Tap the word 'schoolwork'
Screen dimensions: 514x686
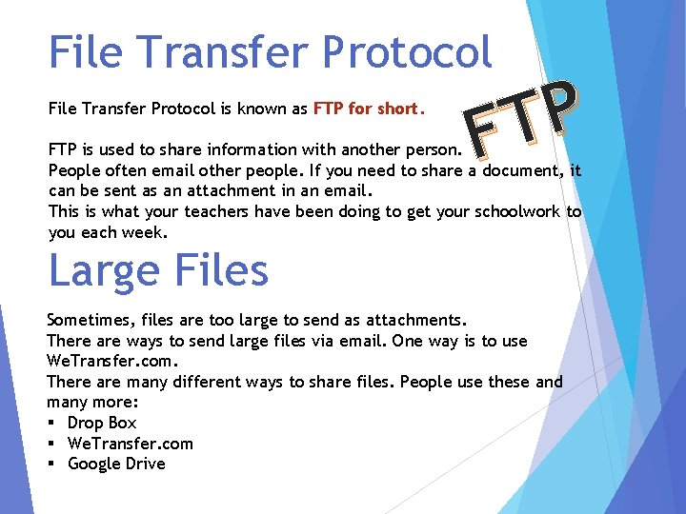517,212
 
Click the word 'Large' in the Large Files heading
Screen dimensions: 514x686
101,271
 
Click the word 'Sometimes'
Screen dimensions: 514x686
89,321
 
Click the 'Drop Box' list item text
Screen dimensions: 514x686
102,423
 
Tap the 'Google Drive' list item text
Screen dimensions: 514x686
116,464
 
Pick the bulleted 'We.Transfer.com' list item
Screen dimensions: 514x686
131,444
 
